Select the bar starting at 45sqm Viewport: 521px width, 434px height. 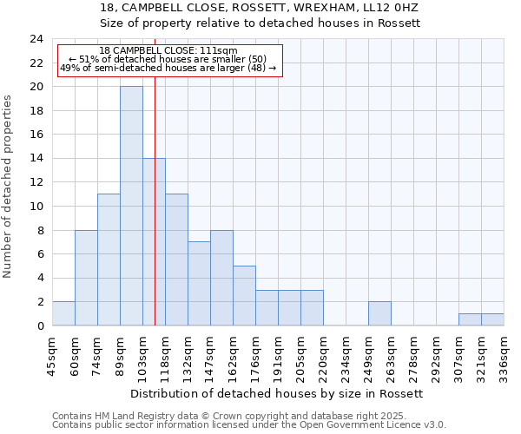pyautogui.click(x=63, y=313)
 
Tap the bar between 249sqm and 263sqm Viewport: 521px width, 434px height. pyautogui.click(x=379, y=313)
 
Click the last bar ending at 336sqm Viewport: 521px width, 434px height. pyautogui.click(x=492, y=319)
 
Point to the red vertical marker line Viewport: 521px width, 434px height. pyautogui.click(x=155, y=217)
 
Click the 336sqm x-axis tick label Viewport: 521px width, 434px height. pyautogui.click(x=504, y=356)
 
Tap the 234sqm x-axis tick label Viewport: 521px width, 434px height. pyautogui.click(x=346, y=356)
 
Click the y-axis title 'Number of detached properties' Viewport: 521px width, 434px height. pyautogui.click(x=8, y=187)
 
